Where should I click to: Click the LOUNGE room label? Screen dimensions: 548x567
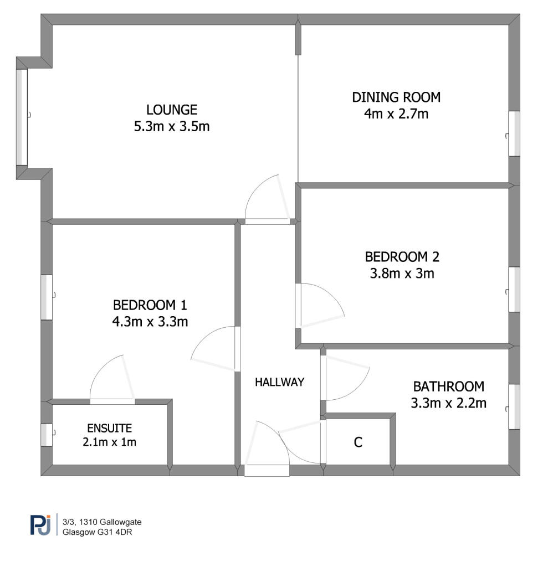172,110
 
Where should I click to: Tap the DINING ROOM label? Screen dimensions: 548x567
396,97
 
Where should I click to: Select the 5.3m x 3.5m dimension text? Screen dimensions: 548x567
172,127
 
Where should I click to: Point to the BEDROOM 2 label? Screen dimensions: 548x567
402,257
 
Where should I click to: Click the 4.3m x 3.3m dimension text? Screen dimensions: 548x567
150,322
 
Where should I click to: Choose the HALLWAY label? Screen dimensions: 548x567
279,382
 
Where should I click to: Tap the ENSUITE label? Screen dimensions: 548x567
109,428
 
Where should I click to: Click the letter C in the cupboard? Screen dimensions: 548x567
358,442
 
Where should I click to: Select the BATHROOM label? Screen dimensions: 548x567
448,386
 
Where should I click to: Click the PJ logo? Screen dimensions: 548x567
40,524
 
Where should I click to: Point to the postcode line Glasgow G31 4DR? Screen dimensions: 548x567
97,532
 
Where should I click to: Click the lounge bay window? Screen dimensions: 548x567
22,117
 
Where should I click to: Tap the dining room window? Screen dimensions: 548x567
514,133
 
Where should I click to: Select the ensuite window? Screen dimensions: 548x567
47,435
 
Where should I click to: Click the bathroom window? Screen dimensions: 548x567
514,406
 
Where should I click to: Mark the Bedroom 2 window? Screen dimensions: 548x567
514,289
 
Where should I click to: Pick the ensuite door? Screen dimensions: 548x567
129,378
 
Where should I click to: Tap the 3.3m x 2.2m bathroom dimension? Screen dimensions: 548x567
448,403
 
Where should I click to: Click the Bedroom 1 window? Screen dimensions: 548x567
47,297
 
